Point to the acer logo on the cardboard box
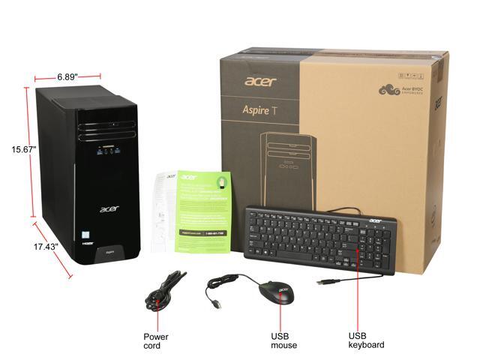(259, 81)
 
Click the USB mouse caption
(284, 340)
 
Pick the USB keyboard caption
(366, 340)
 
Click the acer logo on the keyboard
(373, 220)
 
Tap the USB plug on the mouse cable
(215, 305)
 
